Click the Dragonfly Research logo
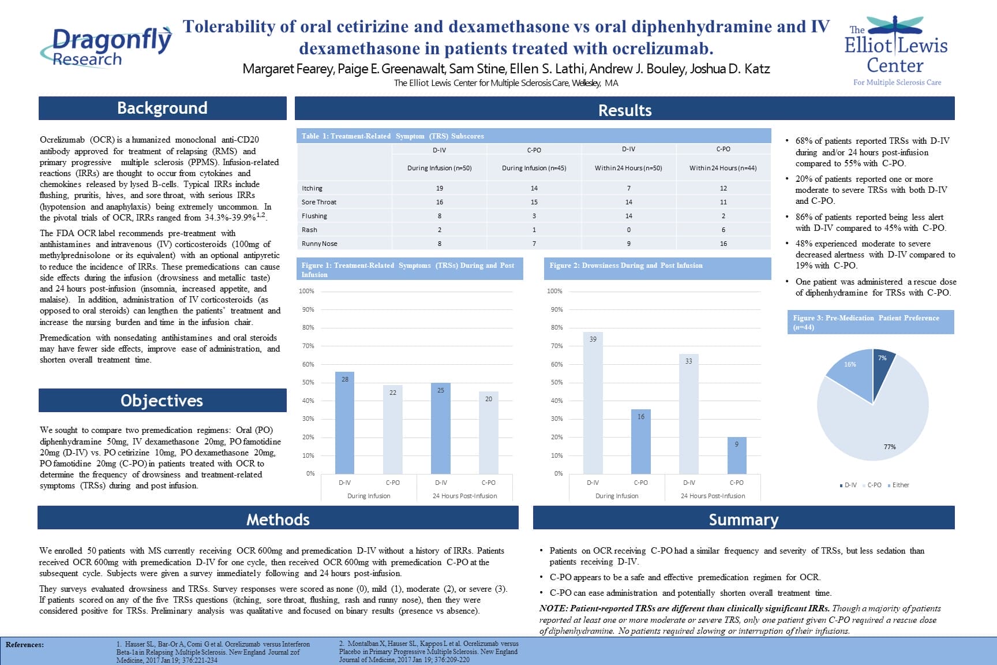click(106, 46)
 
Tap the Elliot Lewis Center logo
click(896, 51)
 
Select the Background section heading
click(162, 109)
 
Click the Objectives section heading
click(162, 401)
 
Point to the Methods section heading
click(278, 520)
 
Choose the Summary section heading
click(743, 520)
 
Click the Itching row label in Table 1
click(312, 188)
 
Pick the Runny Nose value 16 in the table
click(723, 244)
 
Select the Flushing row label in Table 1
click(314, 216)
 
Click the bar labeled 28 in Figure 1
click(345, 424)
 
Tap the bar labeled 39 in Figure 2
click(593, 404)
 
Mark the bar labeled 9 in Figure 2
click(737, 456)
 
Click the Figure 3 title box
click(870, 322)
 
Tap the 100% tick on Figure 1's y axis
click(306, 291)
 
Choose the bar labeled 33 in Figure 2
click(689, 414)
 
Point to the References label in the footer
click(25, 645)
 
